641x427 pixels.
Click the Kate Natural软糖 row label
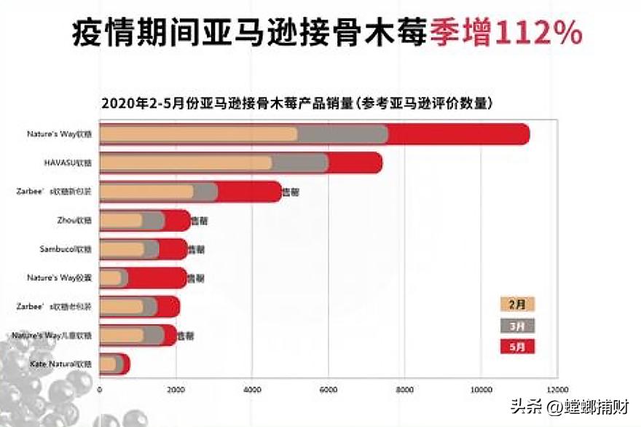coord(62,363)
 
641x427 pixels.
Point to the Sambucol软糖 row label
coord(66,249)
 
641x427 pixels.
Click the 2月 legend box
coord(517,305)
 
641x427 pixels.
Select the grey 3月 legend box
coord(517,325)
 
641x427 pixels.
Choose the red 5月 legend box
coord(517,346)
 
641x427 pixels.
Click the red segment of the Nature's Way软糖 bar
coord(459,134)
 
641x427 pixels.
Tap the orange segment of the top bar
coord(197,134)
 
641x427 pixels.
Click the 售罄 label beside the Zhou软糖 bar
coord(199,220)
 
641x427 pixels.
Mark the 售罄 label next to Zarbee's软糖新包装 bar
coord(291,192)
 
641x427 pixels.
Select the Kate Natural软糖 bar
coord(114,363)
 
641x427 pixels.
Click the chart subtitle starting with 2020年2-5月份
coord(296,103)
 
